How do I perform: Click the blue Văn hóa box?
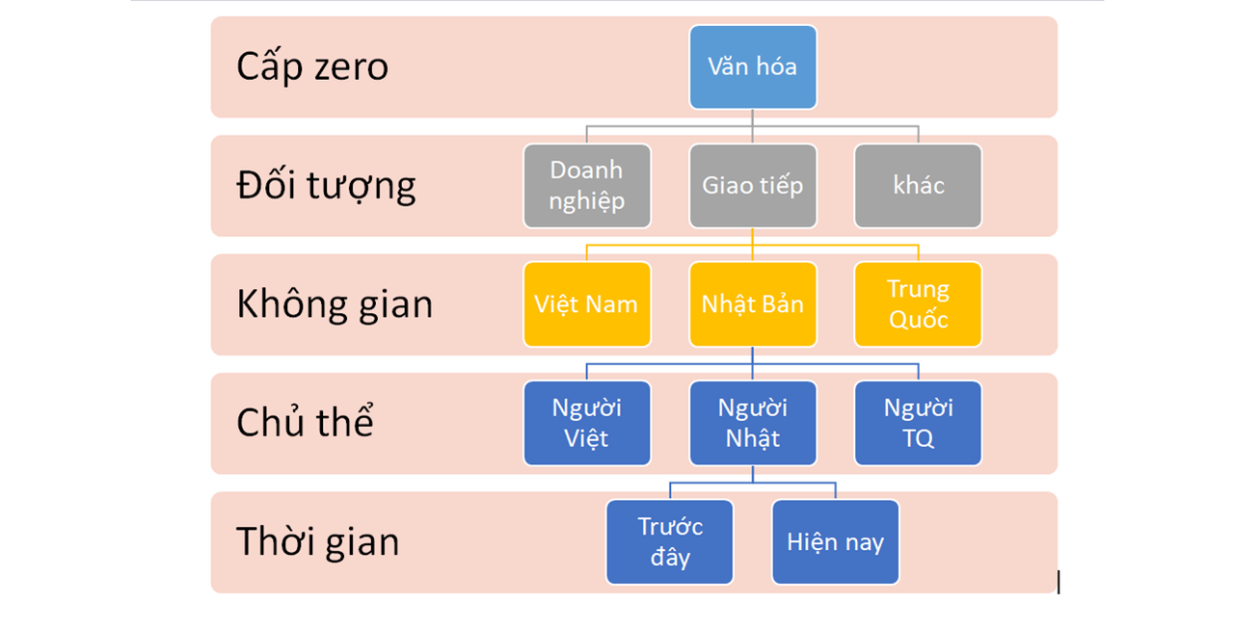(x=753, y=66)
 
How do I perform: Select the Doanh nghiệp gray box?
(x=587, y=186)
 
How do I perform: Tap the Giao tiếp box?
(x=753, y=186)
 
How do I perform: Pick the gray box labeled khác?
(x=918, y=186)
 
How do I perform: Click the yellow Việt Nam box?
(x=587, y=304)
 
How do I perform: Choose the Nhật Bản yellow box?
(x=753, y=304)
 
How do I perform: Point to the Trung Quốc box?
(x=918, y=304)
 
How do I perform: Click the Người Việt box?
(x=587, y=423)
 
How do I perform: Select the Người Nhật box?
(x=753, y=423)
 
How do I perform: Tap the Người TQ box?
(x=918, y=423)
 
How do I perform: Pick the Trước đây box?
(x=670, y=541)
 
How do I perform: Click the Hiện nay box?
(x=835, y=541)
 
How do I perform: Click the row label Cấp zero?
(x=312, y=66)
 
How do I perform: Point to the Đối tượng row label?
(x=326, y=186)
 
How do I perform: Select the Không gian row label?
(x=335, y=304)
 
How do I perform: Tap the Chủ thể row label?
(x=305, y=423)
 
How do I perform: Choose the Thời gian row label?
(x=317, y=541)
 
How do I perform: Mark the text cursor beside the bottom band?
(x=1059, y=582)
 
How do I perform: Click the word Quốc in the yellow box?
(x=918, y=320)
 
